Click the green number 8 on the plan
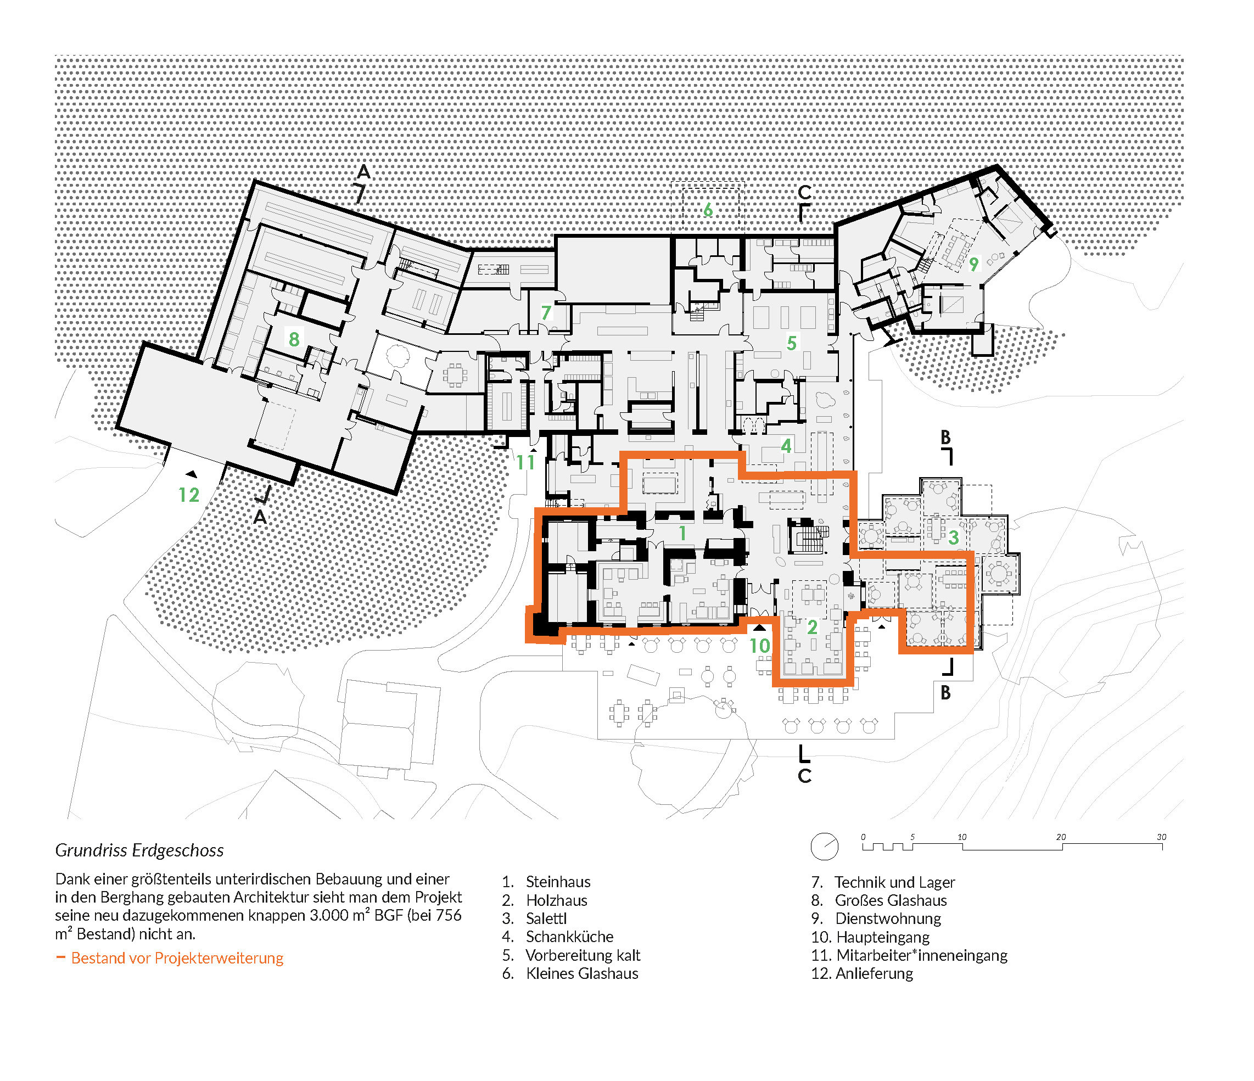click(x=294, y=339)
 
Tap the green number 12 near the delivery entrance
click(x=189, y=495)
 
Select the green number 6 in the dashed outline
click(x=708, y=210)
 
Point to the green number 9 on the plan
click(x=974, y=264)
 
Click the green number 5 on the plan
click(x=792, y=343)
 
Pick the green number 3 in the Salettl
click(x=954, y=537)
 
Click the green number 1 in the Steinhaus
click(x=682, y=533)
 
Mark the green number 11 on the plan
click(x=525, y=462)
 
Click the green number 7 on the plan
click(x=546, y=312)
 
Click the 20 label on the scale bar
click(x=1061, y=837)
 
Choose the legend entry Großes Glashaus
click(x=891, y=900)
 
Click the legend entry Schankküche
click(x=569, y=937)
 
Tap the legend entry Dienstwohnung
click(x=888, y=919)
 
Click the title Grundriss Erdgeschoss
click(x=139, y=850)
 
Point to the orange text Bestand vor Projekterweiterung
click(x=177, y=958)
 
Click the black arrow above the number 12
click(x=191, y=474)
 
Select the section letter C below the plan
click(x=804, y=776)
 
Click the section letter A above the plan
click(x=363, y=172)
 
